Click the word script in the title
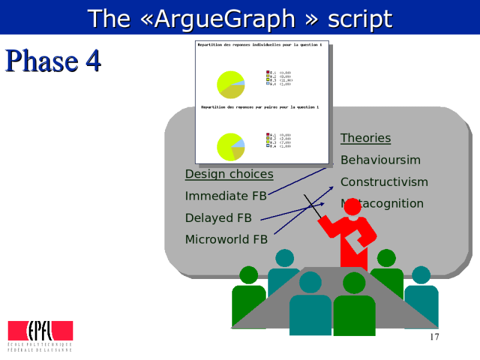359,19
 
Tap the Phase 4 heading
53,61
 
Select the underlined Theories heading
365,138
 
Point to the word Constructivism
384,182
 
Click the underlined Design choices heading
229,174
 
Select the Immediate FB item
226,196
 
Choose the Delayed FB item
218,218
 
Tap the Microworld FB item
226,239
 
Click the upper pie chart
230,84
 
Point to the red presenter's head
352,207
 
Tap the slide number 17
434,337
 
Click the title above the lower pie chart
260,107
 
